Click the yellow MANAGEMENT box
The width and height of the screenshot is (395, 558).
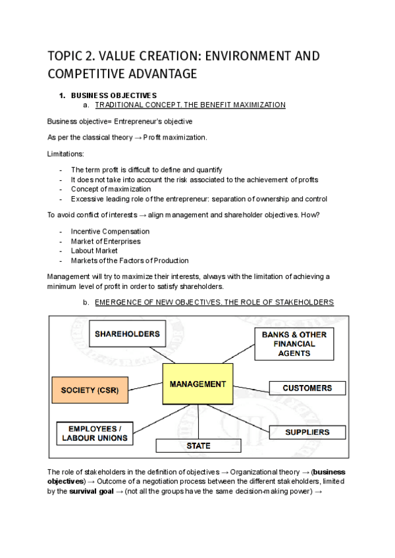coord(197,384)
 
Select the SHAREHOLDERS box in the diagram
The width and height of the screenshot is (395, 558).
coord(127,334)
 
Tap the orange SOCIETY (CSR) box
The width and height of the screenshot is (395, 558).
coord(90,390)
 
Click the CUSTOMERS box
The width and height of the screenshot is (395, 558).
coord(307,388)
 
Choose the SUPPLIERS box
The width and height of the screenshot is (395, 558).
coord(307,432)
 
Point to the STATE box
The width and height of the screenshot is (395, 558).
coord(197,445)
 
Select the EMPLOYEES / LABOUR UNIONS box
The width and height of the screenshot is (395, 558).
coord(95,433)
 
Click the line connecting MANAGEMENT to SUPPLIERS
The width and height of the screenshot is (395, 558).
coord(247,418)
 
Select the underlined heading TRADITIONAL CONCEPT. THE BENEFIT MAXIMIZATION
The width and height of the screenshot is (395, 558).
coord(190,105)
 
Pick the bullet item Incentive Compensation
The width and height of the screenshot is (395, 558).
coord(110,232)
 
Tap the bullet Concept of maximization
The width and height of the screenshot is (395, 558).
coord(111,190)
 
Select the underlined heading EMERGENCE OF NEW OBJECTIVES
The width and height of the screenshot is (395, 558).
coord(214,302)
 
